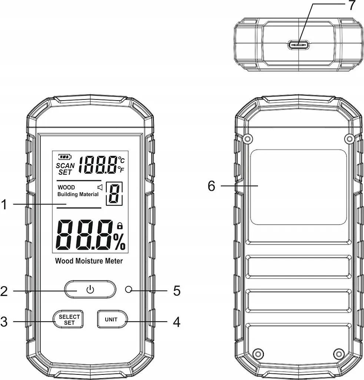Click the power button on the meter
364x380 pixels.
(x=90, y=289)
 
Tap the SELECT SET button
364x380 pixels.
(x=68, y=319)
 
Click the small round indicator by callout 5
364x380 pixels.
(x=129, y=289)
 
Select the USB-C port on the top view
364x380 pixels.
(x=298, y=45)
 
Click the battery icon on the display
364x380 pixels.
(x=65, y=157)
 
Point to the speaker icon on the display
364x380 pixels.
(x=100, y=187)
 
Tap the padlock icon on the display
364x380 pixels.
(x=120, y=226)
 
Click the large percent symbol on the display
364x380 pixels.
(x=119, y=242)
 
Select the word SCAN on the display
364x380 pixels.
(x=65, y=166)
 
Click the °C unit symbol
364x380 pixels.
(x=121, y=160)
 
